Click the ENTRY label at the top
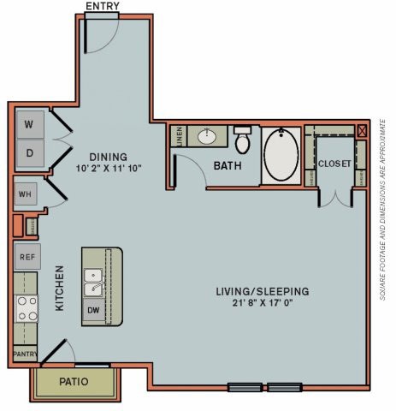click(x=103, y=6)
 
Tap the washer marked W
click(x=28, y=125)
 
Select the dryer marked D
click(x=28, y=154)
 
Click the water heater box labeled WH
click(x=25, y=194)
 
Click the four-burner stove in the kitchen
click(x=26, y=308)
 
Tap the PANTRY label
click(x=24, y=353)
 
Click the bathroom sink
click(x=207, y=136)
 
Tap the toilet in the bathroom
click(x=243, y=139)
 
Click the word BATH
click(x=228, y=164)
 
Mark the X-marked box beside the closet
click(x=362, y=130)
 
